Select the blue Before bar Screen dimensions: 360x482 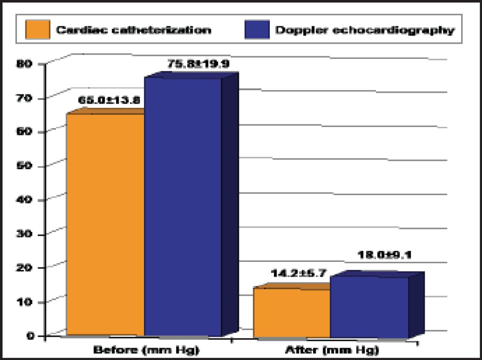pos(183,207)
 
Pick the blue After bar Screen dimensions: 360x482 pos(369,307)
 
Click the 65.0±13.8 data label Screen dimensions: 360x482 pos(109,100)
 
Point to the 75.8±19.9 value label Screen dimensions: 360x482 pos(198,64)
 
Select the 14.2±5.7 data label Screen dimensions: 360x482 pos(298,273)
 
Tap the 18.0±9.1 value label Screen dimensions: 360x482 pos(384,255)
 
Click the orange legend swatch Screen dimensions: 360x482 pos(38,30)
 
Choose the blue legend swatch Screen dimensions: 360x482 pos(257,30)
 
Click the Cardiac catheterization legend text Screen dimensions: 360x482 pos(134,30)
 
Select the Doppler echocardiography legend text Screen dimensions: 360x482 pos(365,30)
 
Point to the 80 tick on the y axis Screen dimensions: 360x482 pos(24,64)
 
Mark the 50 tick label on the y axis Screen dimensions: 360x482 pos(24,166)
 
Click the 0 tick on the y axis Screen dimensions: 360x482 pos(30,336)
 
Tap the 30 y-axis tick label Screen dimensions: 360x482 pos(24,234)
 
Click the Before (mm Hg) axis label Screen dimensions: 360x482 pos(146,350)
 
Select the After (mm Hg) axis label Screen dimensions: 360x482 pos(332,350)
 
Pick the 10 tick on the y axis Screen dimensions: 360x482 pos(24,302)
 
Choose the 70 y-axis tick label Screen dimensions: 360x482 pos(24,98)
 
